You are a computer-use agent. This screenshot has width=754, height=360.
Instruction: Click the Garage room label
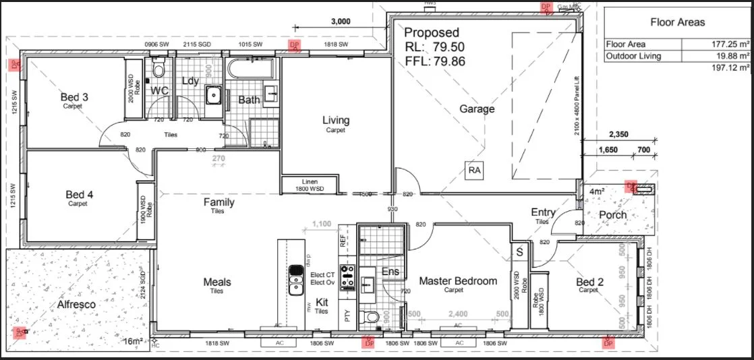pyautogui.click(x=477, y=109)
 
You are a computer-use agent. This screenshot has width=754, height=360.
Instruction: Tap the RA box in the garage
pyautogui.click(x=475, y=171)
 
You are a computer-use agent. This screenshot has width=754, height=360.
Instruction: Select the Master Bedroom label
pyautogui.click(x=457, y=281)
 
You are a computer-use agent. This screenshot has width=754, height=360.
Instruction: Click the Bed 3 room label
pyautogui.click(x=74, y=97)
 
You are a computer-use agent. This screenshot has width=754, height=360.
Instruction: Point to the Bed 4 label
pyautogui.click(x=79, y=195)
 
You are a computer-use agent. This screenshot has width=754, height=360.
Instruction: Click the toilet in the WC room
pyautogui.click(x=159, y=69)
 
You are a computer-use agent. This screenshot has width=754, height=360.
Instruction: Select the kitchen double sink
pyautogui.click(x=295, y=280)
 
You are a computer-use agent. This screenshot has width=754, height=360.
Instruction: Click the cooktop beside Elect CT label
pyautogui.click(x=348, y=277)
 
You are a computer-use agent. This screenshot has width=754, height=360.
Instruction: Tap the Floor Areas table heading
pyautogui.click(x=677, y=22)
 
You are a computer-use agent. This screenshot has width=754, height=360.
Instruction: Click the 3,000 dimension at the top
pyautogui.click(x=341, y=21)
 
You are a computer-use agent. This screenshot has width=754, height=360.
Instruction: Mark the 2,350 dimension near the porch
pyautogui.click(x=618, y=134)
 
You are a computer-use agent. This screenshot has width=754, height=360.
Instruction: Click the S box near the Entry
pyautogui.click(x=519, y=251)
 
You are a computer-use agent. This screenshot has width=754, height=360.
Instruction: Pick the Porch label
pyautogui.click(x=612, y=215)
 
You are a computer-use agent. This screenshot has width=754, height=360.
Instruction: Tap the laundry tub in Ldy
pyautogui.click(x=214, y=94)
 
